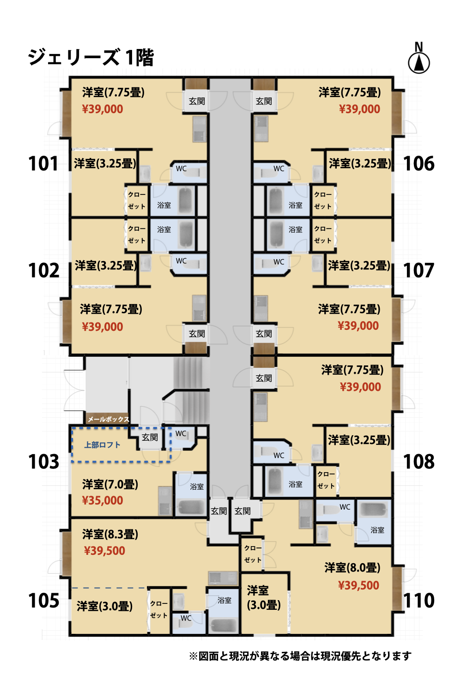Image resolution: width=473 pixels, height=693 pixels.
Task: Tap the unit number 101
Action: coord(43,164)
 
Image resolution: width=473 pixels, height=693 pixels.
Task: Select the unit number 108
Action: coord(419,462)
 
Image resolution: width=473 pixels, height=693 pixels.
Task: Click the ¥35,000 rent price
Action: coord(103,500)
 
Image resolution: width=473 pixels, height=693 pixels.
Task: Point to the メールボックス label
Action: coord(108,419)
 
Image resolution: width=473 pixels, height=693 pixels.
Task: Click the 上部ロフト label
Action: coord(102,445)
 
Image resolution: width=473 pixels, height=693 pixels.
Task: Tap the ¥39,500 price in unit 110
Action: coord(358,585)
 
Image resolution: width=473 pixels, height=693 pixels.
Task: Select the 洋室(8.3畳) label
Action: coord(110,534)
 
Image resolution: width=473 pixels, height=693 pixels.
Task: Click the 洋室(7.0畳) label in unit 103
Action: coord(110,484)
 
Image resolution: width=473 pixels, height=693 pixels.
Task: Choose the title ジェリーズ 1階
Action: coord(91,57)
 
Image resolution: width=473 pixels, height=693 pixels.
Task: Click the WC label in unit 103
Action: coord(181,434)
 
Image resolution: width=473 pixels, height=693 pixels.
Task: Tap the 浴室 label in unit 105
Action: coord(224,601)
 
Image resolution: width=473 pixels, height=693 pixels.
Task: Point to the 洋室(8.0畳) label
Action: coord(352,568)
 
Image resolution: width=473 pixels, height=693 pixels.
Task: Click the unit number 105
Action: coord(43,601)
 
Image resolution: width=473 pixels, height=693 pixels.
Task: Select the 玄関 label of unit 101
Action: coord(197,101)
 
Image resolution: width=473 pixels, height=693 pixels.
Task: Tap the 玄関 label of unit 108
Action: coord(264,378)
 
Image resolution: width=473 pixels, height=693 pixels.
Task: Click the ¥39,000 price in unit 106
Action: coord(359,109)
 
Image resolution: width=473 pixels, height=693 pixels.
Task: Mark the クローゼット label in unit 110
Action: coord(253,554)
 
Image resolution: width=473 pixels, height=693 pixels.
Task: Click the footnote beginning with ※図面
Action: coord(300,656)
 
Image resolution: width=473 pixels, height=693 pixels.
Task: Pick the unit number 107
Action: coord(418,270)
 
